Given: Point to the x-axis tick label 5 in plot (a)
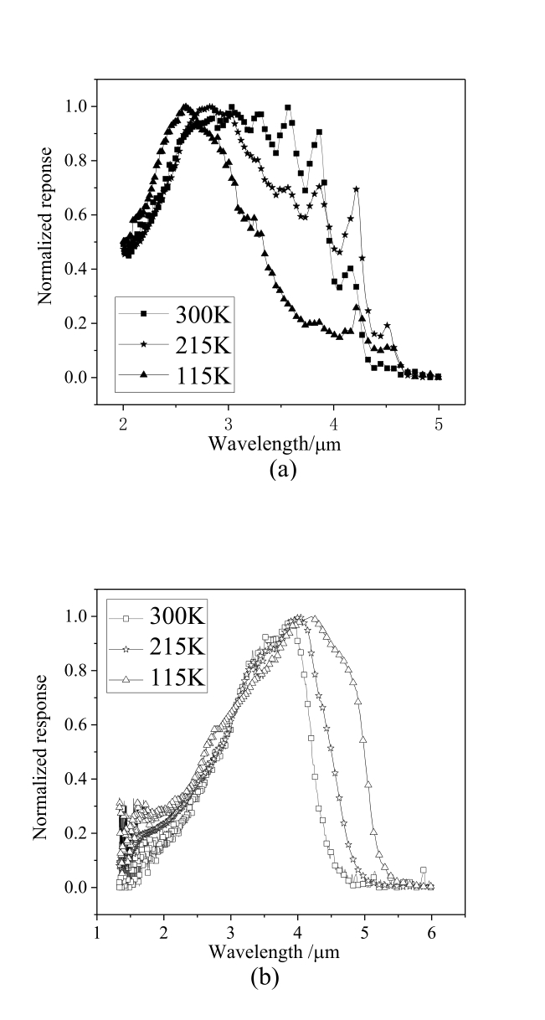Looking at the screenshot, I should coord(440,425).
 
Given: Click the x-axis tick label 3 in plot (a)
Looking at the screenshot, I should coord(229,425).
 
